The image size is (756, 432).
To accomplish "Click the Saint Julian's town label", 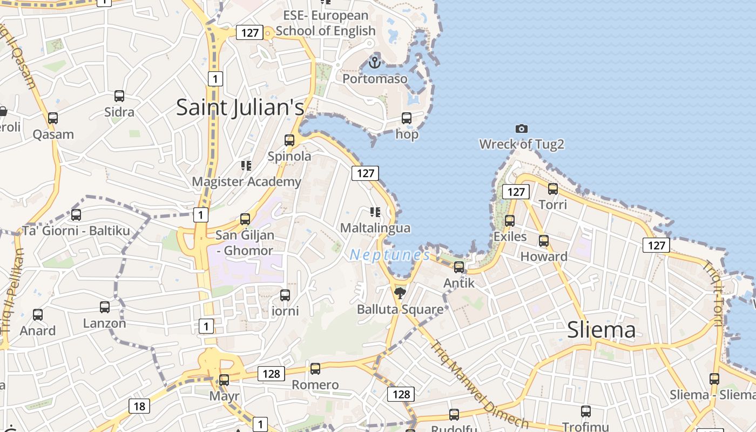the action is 240,107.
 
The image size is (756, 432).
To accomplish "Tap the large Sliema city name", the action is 602,330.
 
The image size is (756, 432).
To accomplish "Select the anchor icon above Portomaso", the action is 375,62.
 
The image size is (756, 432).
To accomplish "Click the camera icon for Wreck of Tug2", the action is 521,129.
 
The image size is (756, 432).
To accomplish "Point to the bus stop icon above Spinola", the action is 289,140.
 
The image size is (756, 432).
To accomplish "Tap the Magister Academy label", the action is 246,181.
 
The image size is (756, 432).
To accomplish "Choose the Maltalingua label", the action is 375,228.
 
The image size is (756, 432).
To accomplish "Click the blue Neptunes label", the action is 390,255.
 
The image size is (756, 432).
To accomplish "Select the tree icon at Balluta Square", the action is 400,293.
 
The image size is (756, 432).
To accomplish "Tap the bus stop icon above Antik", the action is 459,267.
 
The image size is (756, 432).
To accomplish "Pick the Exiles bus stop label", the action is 510,237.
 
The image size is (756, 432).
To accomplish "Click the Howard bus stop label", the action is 544,256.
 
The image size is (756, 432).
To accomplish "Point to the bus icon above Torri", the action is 553,189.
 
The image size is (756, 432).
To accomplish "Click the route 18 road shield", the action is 139,406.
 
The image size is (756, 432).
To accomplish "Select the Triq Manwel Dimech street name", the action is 478,383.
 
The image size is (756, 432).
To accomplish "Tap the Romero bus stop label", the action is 315,385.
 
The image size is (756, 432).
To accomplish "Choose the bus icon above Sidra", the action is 119,96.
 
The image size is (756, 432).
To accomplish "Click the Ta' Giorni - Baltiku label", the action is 76,231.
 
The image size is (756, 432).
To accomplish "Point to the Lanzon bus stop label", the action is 105,323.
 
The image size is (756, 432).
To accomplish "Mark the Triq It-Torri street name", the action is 713,294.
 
